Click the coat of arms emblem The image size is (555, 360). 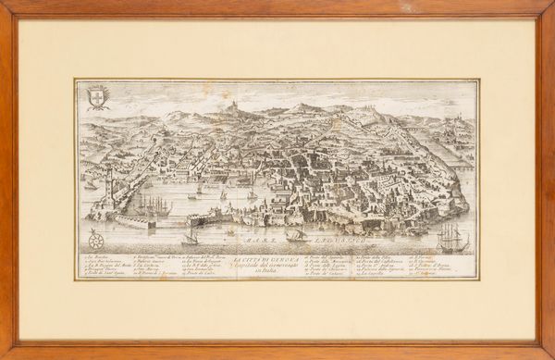click(x=97, y=95)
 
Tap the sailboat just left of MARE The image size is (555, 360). click(x=191, y=239)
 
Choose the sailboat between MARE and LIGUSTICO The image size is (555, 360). click(x=296, y=235)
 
